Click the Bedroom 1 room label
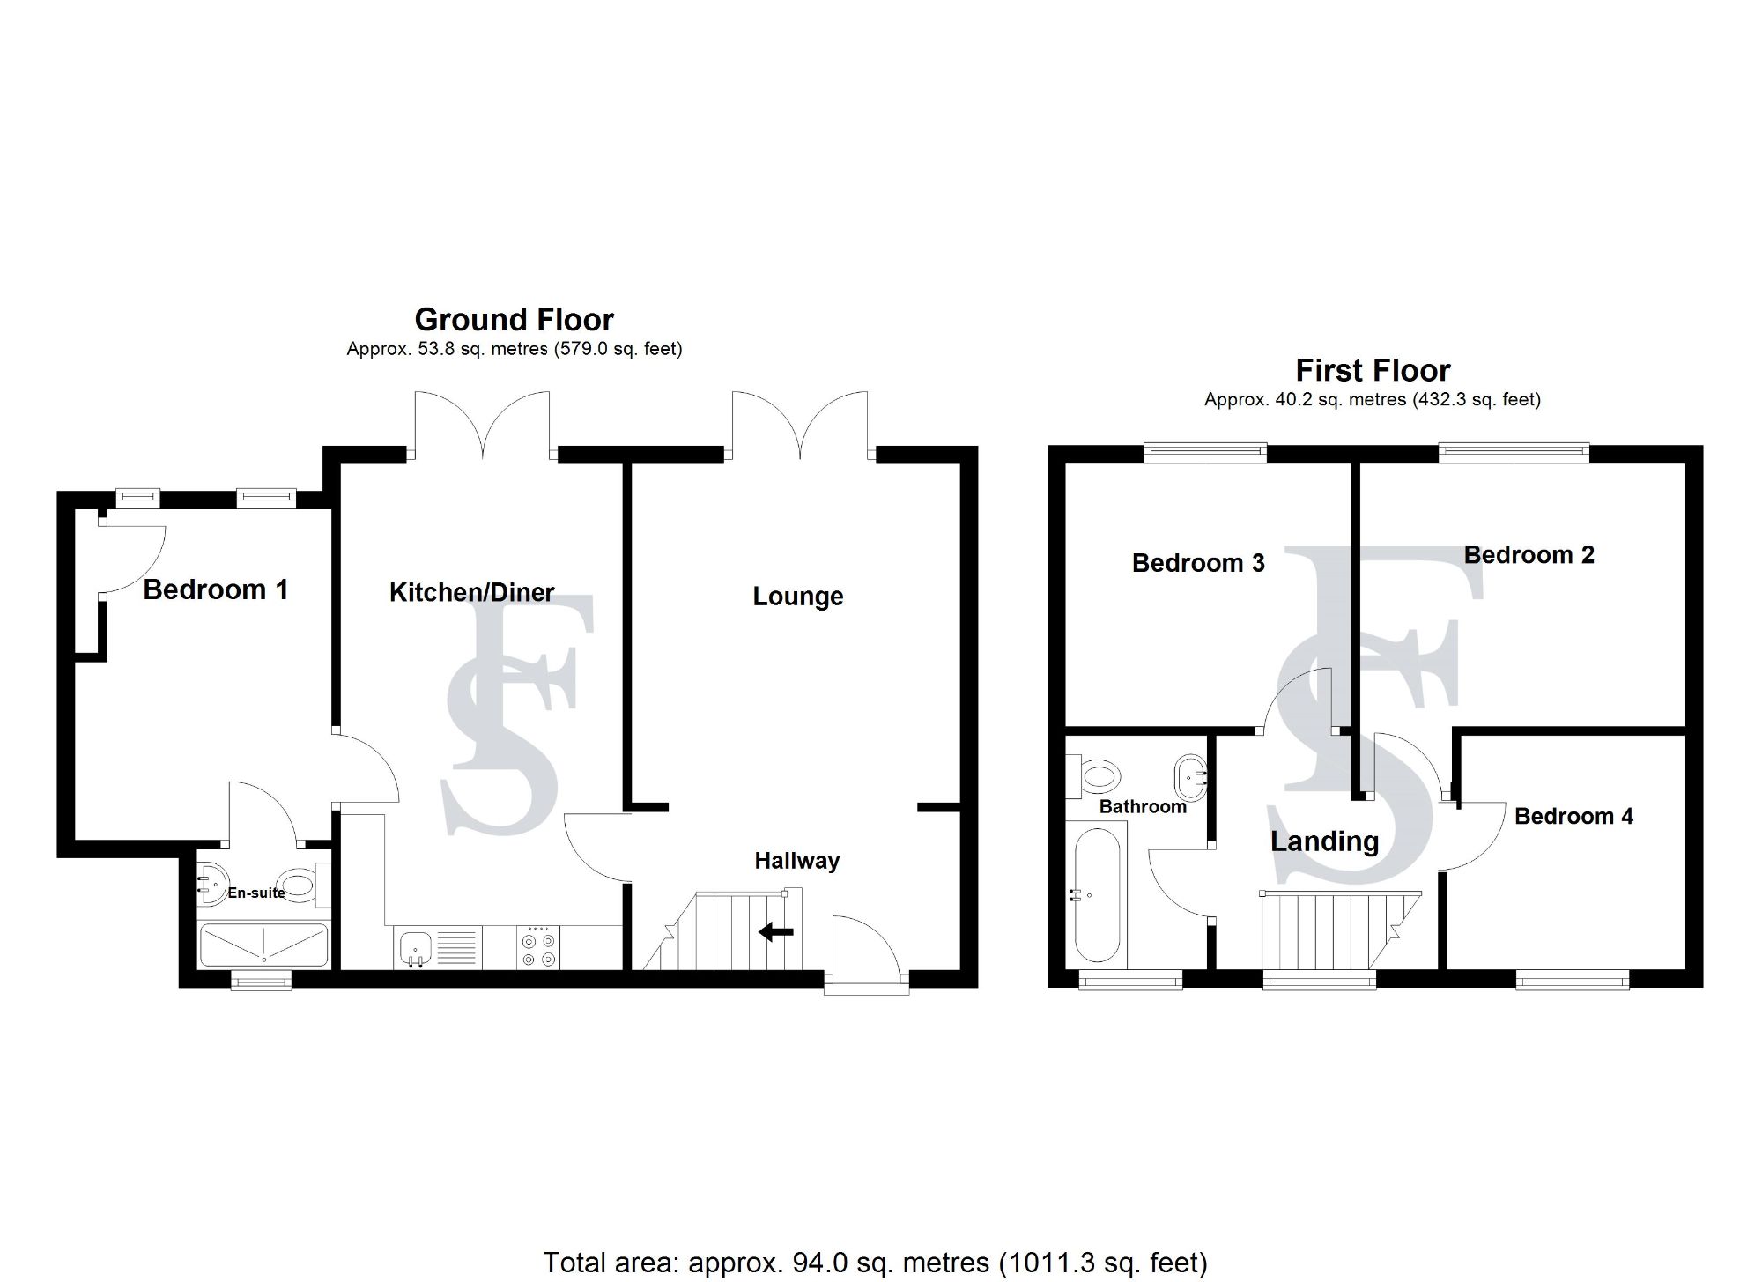tap(215, 589)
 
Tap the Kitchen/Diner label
tap(471, 592)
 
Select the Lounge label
tap(797, 597)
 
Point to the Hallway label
tap(796, 861)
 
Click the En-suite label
tap(255, 893)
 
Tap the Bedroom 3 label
tap(1197, 562)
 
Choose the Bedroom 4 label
tap(1573, 816)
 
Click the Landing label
tap(1324, 841)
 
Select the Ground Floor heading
tap(514, 319)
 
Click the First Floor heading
tap(1373, 370)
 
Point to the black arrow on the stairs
tap(775, 931)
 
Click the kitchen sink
tap(414, 949)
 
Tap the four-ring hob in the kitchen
tap(538, 949)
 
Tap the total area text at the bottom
tap(875, 1262)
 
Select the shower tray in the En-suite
tap(264, 945)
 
